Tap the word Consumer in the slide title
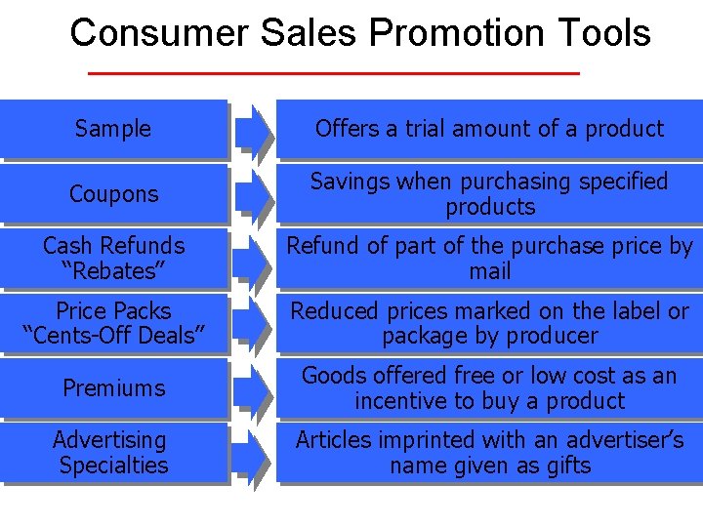(x=159, y=33)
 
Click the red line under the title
(x=334, y=73)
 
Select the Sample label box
(x=113, y=129)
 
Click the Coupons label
(x=113, y=194)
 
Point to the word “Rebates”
(x=113, y=271)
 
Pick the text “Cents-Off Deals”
(x=113, y=337)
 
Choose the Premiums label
(x=113, y=388)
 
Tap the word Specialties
(x=113, y=466)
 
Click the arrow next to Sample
(x=254, y=130)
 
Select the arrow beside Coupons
(x=254, y=194)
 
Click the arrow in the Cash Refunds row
(x=254, y=260)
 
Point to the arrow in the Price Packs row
(x=254, y=324)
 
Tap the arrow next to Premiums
(x=254, y=388)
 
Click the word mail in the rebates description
(x=489, y=271)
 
